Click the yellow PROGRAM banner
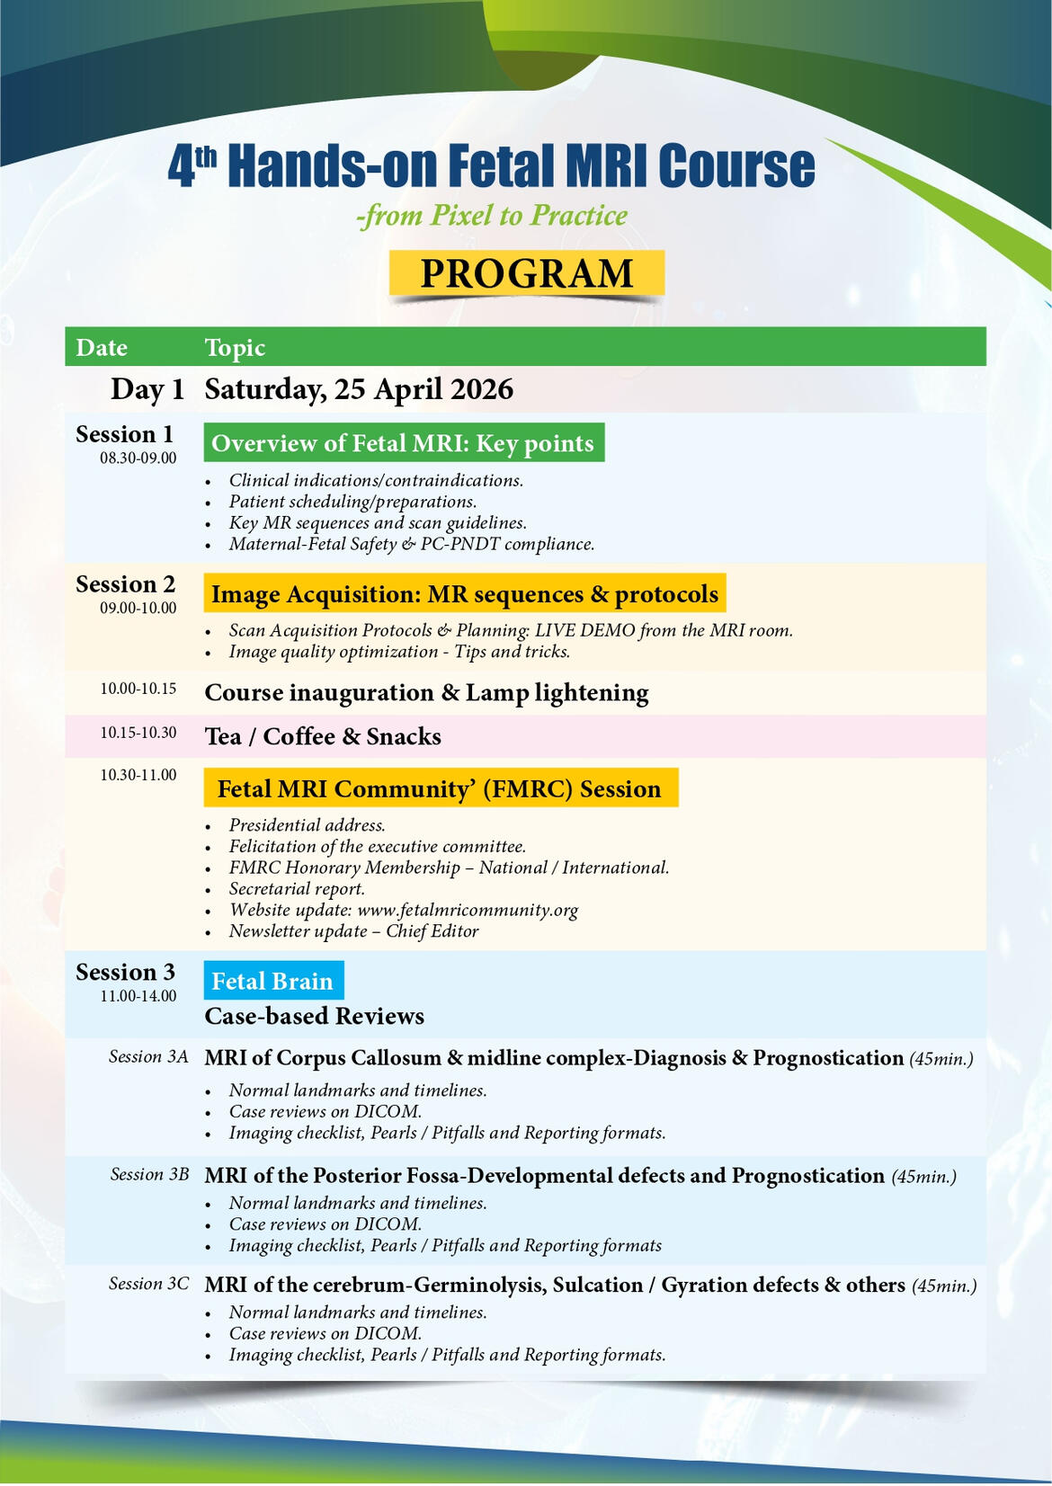(x=527, y=273)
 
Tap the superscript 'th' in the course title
(x=207, y=155)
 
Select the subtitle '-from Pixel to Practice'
(x=492, y=216)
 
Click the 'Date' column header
(x=102, y=348)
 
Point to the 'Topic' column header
(x=235, y=348)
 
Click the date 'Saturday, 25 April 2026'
(x=359, y=389)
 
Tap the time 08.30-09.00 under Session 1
(x=138, y=458)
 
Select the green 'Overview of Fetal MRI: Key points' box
(x=403, y=443)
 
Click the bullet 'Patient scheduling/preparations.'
(x=352, y=502)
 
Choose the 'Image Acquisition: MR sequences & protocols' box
(x=464, y=594)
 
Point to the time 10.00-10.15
(x=138, y=689)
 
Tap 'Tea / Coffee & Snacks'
(x=323, y=737)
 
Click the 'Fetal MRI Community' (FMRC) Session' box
(x=440, y=788)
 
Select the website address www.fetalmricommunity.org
(x=468, y=910)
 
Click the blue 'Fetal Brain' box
(x=272, y=981)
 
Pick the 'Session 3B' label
(x=149, y=1174)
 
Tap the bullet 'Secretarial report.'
(x=297, y=889)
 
